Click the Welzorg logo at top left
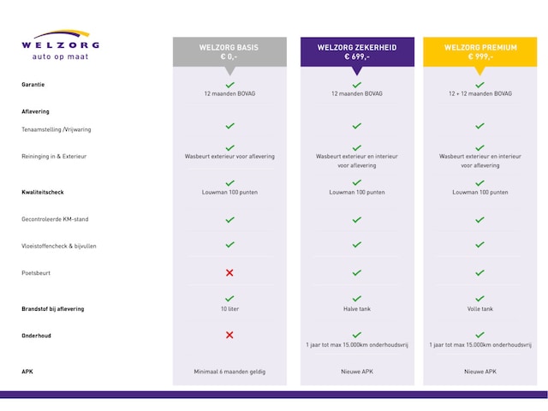pyautogui.click(x=60, y=47)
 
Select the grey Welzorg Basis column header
pyautogui.click(x=229, y=51)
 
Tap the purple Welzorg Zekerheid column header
pyautogui.click(x=356, y=51)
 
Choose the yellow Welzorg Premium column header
pyautogui.click(x=479, y=51)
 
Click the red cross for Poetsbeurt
pyautogui.click(x=229, y=272)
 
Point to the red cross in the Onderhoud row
pyautogui.click(x=229, y=335)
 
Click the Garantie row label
pyautogui.click(x=33, y=85)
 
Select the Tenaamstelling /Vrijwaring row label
pyautogui.click(x=56, y=130)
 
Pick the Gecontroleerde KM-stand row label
pyautogui.click(x=55, y=219)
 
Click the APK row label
pyautogui.click(x=27, y=372)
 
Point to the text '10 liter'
pyautogui.click(x=229, y=308)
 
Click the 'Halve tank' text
pyautogui.click(x=356, y=308)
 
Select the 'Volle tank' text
pyautogui.click(x=479, y=308)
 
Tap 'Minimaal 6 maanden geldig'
pyautogui.click(x=229, y=372)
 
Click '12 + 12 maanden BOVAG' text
pyautogui.click(x=479, y=92)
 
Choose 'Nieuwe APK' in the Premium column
pyautogui.click(x=479, y=372)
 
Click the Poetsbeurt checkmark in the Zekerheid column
pyautogui.click(x=356, y=272)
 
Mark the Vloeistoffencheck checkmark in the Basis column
pyautogui.click(x=229, y=245)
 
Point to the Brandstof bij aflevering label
pyautogui.click(x=53, y=308)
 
